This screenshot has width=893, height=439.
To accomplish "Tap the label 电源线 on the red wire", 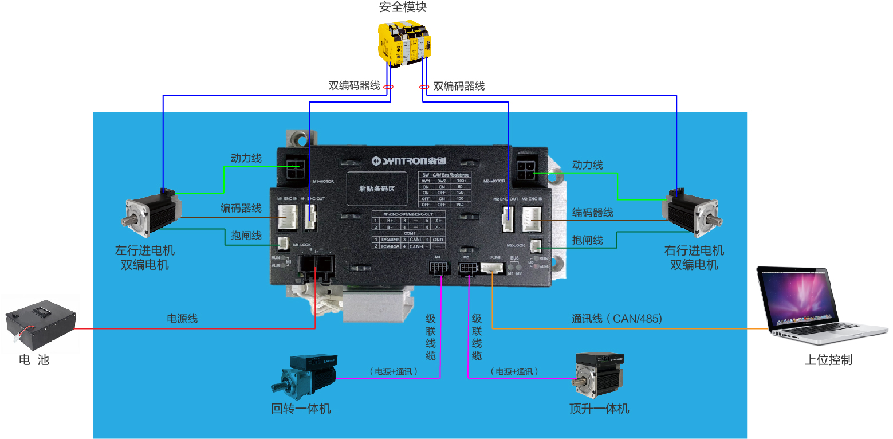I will [x=182, y=319].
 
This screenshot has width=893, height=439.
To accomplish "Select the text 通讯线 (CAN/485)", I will [x=616, y=319].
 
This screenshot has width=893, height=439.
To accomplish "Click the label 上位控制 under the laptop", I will [x=828, y=360].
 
